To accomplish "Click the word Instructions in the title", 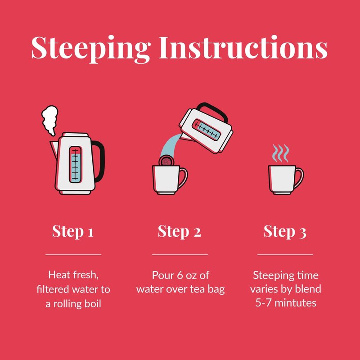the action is tap(243, 47).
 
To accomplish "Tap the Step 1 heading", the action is tap(73, 231).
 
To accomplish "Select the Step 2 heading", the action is tap(179, 231).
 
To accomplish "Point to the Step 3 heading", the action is tap(285, 231).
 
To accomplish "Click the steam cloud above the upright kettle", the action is tap(49, 120).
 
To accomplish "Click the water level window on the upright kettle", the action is tap(75, 165).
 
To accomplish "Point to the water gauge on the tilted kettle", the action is tap(206, 130).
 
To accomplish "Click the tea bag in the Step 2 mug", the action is tap(166, 161).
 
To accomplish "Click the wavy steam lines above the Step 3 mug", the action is tap(280, 153).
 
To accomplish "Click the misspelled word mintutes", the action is tap(295, 303).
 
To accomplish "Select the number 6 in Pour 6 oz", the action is tap(180, 275).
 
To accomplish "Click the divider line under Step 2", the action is tap(180, 255).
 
